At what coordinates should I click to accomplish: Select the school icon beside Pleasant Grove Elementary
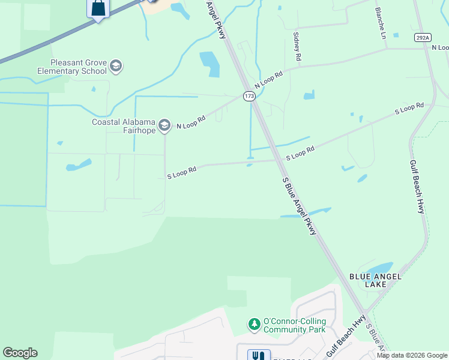[116, 66]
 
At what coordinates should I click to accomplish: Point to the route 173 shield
[249, 96]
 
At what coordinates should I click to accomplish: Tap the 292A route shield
[423, 37]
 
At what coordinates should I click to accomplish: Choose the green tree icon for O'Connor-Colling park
[255, 325]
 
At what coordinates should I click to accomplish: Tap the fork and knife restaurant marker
[259, 355]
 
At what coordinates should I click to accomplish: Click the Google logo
[20, 353]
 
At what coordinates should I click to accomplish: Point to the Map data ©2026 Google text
[412, 355]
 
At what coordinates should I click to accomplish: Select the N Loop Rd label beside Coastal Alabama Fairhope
[191, 122]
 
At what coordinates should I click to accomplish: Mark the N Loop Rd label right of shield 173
[268, 79]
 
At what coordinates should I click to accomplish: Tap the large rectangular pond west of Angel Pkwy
[209, 64]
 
